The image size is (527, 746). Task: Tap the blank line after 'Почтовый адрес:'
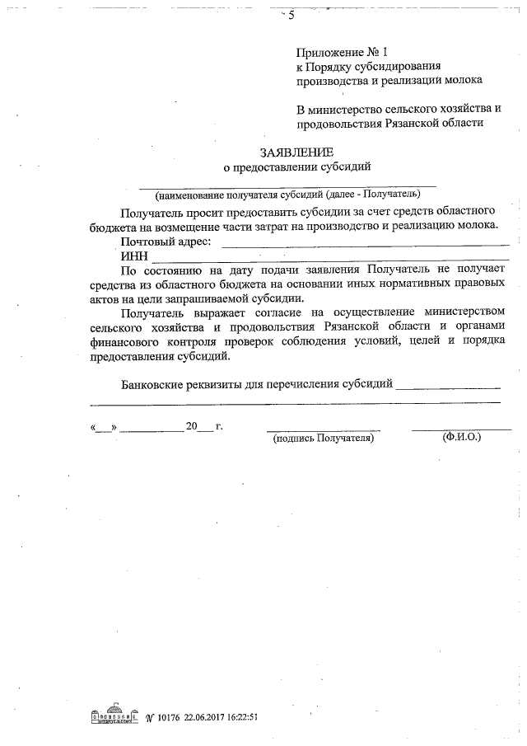(x=366, y=242)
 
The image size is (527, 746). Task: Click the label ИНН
(x=134, y=257)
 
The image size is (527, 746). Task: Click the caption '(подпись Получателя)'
(x=324, y=439)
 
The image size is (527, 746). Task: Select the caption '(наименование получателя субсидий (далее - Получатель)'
(x=287, y=195)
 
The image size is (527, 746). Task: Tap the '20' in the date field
(x=193, y=427)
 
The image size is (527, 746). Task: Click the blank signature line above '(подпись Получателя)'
(x=323, y=429)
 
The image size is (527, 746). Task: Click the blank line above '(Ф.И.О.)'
(x=461, y=429)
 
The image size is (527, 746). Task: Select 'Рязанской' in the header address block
(x=414, y=124)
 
